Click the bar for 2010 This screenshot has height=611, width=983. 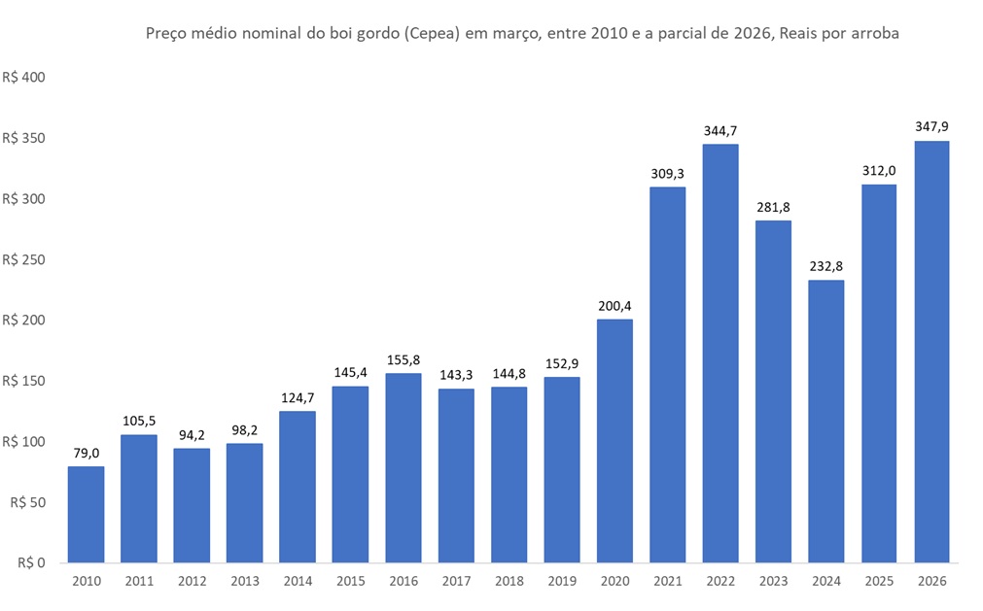[x=86, y=514]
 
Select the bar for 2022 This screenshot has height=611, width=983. [x=720, y=353]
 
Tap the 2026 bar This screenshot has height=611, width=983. [x=931, y=352]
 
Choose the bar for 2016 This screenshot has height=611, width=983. [x=404, y=467]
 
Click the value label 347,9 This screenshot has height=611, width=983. [x=931, y=126]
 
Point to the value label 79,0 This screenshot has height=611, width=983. [x=86, y=453]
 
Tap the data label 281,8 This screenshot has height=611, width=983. [x=773, y=206]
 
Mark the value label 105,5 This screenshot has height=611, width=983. [x=138, y=421]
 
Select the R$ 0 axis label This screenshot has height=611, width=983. [x=32, y=562]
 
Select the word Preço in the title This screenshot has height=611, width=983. [x=166, y=34]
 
